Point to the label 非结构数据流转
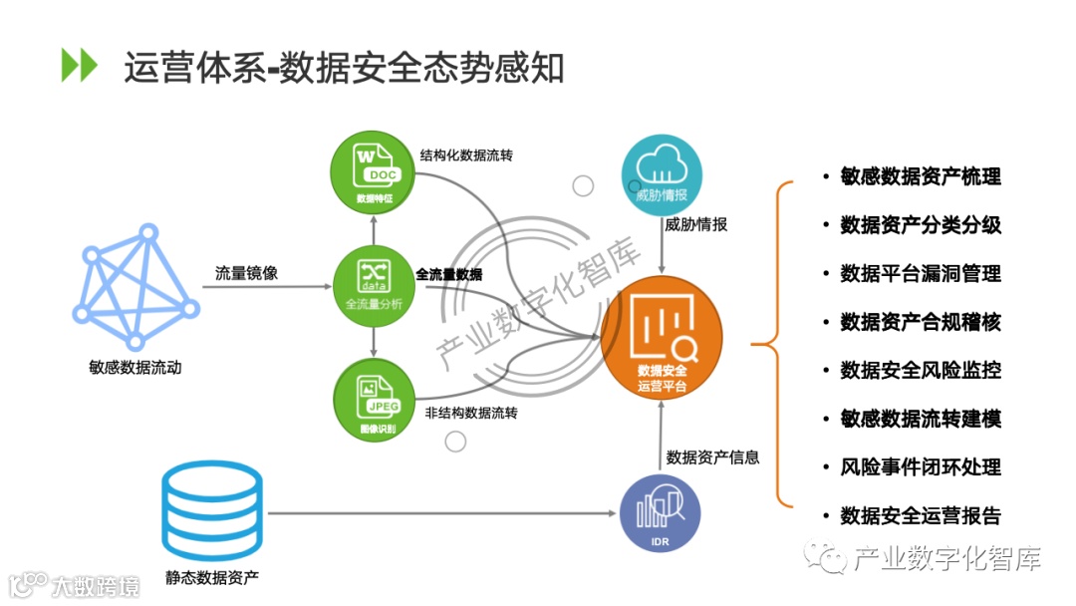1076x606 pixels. tap(471, 413)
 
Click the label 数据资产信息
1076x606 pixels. tap(713, 457)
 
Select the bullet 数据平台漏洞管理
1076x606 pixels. tap(920, 273)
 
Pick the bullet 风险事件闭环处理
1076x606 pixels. tap(920, 467)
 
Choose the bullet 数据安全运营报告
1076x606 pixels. tap(920, 515)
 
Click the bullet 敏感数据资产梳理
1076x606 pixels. tap(920, 176)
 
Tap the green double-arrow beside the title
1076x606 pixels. tap(80, 65)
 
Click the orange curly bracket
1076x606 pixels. tap(772, 345)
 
